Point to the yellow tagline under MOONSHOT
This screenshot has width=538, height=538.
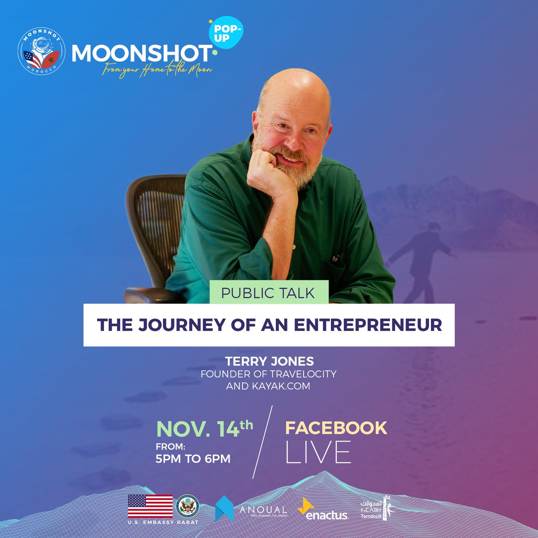pyautogui.click(x=156, y=70)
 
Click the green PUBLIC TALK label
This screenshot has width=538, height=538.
pyautogui.click(x=268, y=293)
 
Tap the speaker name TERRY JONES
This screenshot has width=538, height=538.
pyautogui.click(x=269, y=362)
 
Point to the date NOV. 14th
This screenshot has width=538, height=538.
pyautogui.click(x=204, y=428)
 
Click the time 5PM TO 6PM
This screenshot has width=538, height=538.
pyautogui.click(x=193, y=459)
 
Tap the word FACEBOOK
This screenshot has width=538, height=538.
pyautogui.click(x=336, y=428)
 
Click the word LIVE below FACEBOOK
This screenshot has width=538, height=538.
pyautogui.click(x=318, y=452)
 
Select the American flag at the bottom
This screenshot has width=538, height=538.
pyautogui.click(x=150, y=506)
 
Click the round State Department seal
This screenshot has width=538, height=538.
pyautogui.click(x=188, y=506)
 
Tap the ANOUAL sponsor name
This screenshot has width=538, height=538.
pyautogui.click(x=263, y=510)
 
